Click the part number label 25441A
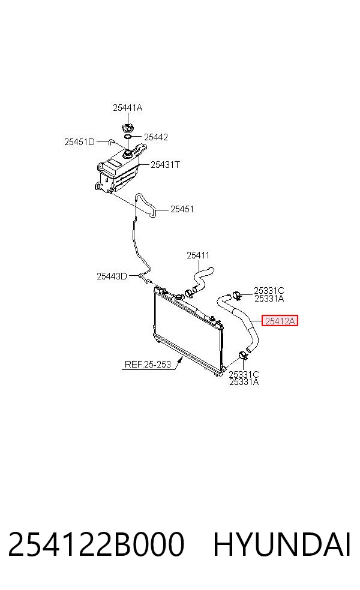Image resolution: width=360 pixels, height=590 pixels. coord(127,108)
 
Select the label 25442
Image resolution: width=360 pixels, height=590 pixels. coord(156,137)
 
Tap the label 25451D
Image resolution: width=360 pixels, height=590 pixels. coord(79,142)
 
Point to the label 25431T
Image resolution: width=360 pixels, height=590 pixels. coord(166,165)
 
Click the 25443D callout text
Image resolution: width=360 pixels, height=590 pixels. coord(112,276)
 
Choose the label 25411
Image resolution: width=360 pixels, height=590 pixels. coord(198,255)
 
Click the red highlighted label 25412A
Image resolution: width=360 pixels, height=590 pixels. coord(280,321)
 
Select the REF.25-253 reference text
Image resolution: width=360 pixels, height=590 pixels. coord(148,365)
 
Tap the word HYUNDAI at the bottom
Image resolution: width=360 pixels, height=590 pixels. coord(282,544)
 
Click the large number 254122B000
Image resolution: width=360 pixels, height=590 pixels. coord(96,544)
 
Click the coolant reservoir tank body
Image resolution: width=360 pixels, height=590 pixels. coord(117,173)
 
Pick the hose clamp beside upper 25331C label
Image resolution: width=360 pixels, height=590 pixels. coord(237,296)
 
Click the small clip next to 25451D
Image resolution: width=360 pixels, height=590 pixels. coord(111,142)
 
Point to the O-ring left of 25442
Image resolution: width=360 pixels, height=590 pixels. coord(128,137)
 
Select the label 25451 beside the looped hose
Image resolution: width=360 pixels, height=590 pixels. coord(182,209)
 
